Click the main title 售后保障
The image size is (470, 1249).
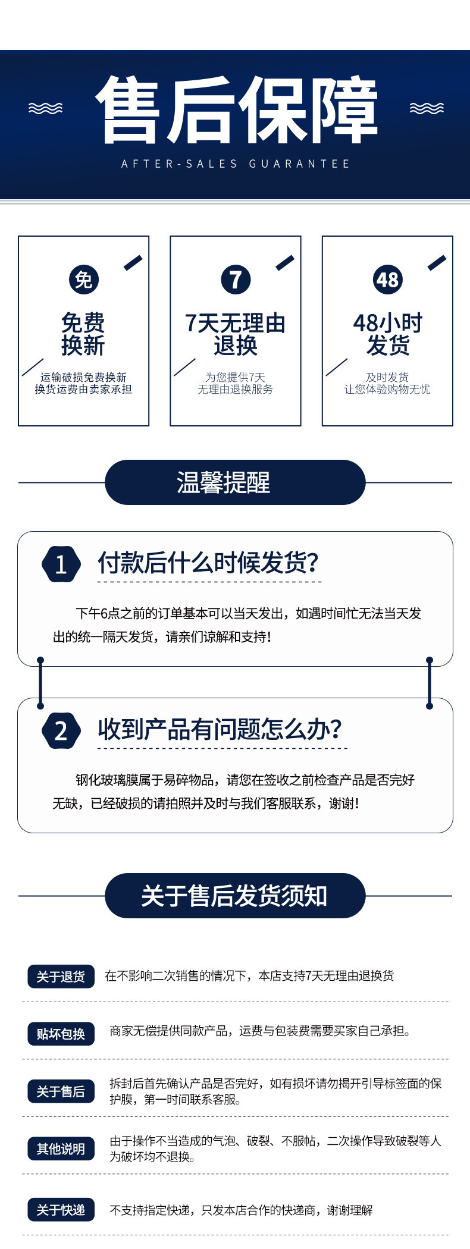click(x=236, y=109)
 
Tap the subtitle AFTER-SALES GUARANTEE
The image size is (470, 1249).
click(x=236, y=164)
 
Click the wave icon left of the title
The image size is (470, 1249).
click(x=46, y=108)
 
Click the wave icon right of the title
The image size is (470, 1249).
click(x=427, y=108)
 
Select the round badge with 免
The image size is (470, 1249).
click(x=83, y=280)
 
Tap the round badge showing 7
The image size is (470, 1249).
click(x=236, y=280)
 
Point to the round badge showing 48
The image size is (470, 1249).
click(x=388, y=280)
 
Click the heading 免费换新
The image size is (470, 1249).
click(x=83, y=334)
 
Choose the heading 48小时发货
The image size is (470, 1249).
click(x=388, y=334)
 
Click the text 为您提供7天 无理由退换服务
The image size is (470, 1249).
click(x=236, y=383)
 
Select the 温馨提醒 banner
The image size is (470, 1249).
click(x=235, y=482)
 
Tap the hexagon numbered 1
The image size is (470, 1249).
click(x=61, y=564)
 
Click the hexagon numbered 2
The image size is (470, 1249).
click(x=61, y=730)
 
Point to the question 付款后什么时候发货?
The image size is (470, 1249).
click(x=208, y=563)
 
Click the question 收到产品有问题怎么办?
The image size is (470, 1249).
click(x=220, y=729)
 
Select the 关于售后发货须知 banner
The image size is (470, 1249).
click(x=235, y=896)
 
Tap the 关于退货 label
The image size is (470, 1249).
click(x=61, y=977)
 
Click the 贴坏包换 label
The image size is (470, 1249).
click(x=61, y=1034)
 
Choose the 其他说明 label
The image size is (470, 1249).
click(x=61, y=1148)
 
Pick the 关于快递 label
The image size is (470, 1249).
click(x=61, y=1210)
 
